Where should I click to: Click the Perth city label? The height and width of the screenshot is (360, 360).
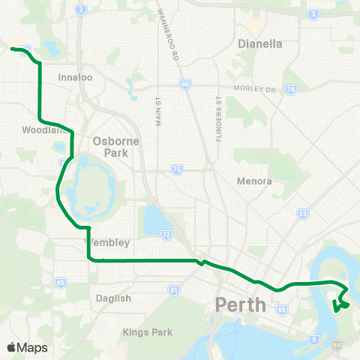pos(241,305)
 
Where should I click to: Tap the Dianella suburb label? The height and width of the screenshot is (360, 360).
pos(259,43)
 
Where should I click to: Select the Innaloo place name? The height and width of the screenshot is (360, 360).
pos(74,76)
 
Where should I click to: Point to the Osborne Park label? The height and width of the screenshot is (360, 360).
pos(111,147)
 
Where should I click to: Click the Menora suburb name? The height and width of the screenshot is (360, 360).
pos(253,181)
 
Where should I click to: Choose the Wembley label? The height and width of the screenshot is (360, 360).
pos(110,242)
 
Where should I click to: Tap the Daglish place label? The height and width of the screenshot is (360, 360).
pos(115,298)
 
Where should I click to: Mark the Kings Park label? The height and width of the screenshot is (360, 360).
pos(148,332)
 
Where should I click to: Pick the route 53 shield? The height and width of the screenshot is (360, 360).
pos(303,214)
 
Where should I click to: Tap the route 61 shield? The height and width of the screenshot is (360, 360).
pos(174,289)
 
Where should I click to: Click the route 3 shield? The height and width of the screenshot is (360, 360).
pos(311,13)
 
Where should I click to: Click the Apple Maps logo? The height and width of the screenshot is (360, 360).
pos(27,347)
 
